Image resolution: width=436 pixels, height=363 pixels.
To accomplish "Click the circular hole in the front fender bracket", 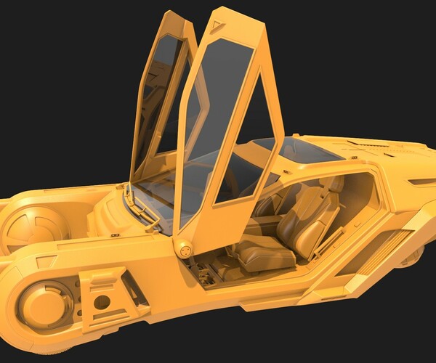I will coord(102,301).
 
